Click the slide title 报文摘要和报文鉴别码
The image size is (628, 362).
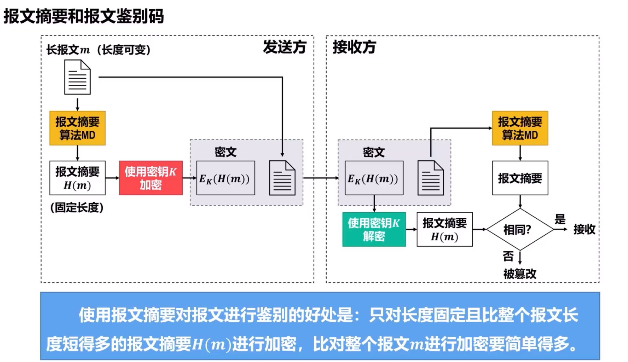[83, 16]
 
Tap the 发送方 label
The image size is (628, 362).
[284, 47]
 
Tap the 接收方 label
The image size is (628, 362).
[354, 47]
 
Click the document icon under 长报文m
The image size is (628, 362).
[77, 77]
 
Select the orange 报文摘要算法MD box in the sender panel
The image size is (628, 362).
[77, 128]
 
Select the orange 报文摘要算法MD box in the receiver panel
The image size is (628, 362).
[520, 128]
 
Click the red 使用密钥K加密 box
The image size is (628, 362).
[151, 178]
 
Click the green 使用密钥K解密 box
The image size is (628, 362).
[374, 229]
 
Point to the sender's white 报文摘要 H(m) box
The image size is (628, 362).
[77, 178]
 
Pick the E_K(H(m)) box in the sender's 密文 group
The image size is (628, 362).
[225, 178]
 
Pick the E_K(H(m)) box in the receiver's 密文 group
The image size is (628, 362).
[374, 178]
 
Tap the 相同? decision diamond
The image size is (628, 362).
[520, 230]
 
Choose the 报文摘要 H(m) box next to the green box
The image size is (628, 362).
[445, 230]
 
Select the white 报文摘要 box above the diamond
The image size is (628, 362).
[520, 178]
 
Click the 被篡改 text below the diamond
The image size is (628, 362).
[520, 274]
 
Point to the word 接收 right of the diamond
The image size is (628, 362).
[584, 229]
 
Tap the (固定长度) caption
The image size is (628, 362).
[77, 207]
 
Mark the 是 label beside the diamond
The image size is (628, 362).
[560, 219]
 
